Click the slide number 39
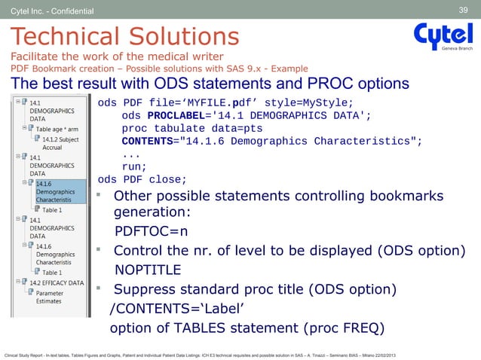[x=464, y=10]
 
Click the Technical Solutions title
[x=124, y=36]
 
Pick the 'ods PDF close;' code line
[x=142, y=179]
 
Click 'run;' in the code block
[x=133, y=166]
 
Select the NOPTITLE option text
[x=148, y=270]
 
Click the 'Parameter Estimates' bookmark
[x=51, y=296]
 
